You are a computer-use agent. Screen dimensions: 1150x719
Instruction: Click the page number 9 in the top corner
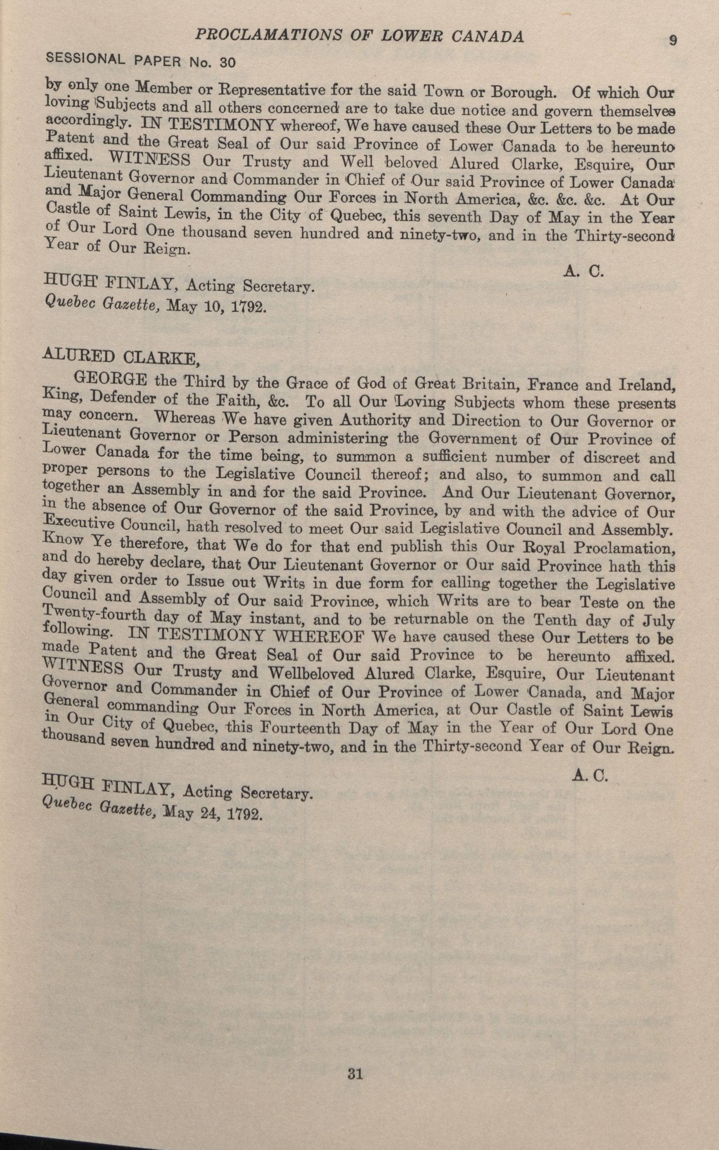672,40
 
